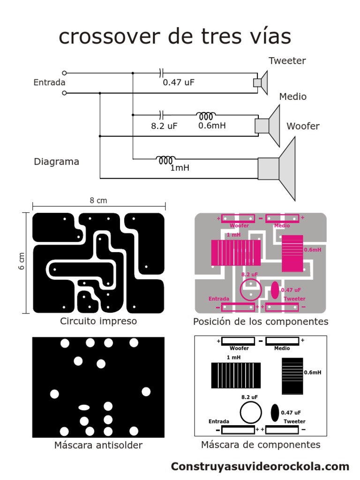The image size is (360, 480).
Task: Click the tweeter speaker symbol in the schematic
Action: tap(261, 82)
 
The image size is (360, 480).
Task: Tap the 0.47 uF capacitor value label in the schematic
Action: tap(178, 82)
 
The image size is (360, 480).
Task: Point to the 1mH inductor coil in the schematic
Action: tap(166, 159)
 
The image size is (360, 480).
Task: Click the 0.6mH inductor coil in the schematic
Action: tap(206, 115)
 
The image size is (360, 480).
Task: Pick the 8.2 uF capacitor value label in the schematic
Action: tap(164, 126)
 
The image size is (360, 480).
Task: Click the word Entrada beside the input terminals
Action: tap(49, 82)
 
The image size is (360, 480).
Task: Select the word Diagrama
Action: tap(56, 162)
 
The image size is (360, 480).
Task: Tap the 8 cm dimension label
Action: tap(98, 201)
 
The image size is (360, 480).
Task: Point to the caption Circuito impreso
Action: tap(98, 321)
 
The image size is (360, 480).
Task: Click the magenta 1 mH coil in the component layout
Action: tap(236, 253)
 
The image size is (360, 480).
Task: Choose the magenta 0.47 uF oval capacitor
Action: tap(275, 290)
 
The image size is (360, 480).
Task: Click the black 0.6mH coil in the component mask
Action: tap(292, 376)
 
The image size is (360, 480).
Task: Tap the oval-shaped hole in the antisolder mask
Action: tap(84, 407)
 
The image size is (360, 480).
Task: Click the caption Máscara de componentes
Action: tap(261, 444)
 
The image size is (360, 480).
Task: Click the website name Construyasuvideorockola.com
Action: tap(260, 466)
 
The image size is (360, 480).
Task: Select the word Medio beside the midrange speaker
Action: tap(293, 97)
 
